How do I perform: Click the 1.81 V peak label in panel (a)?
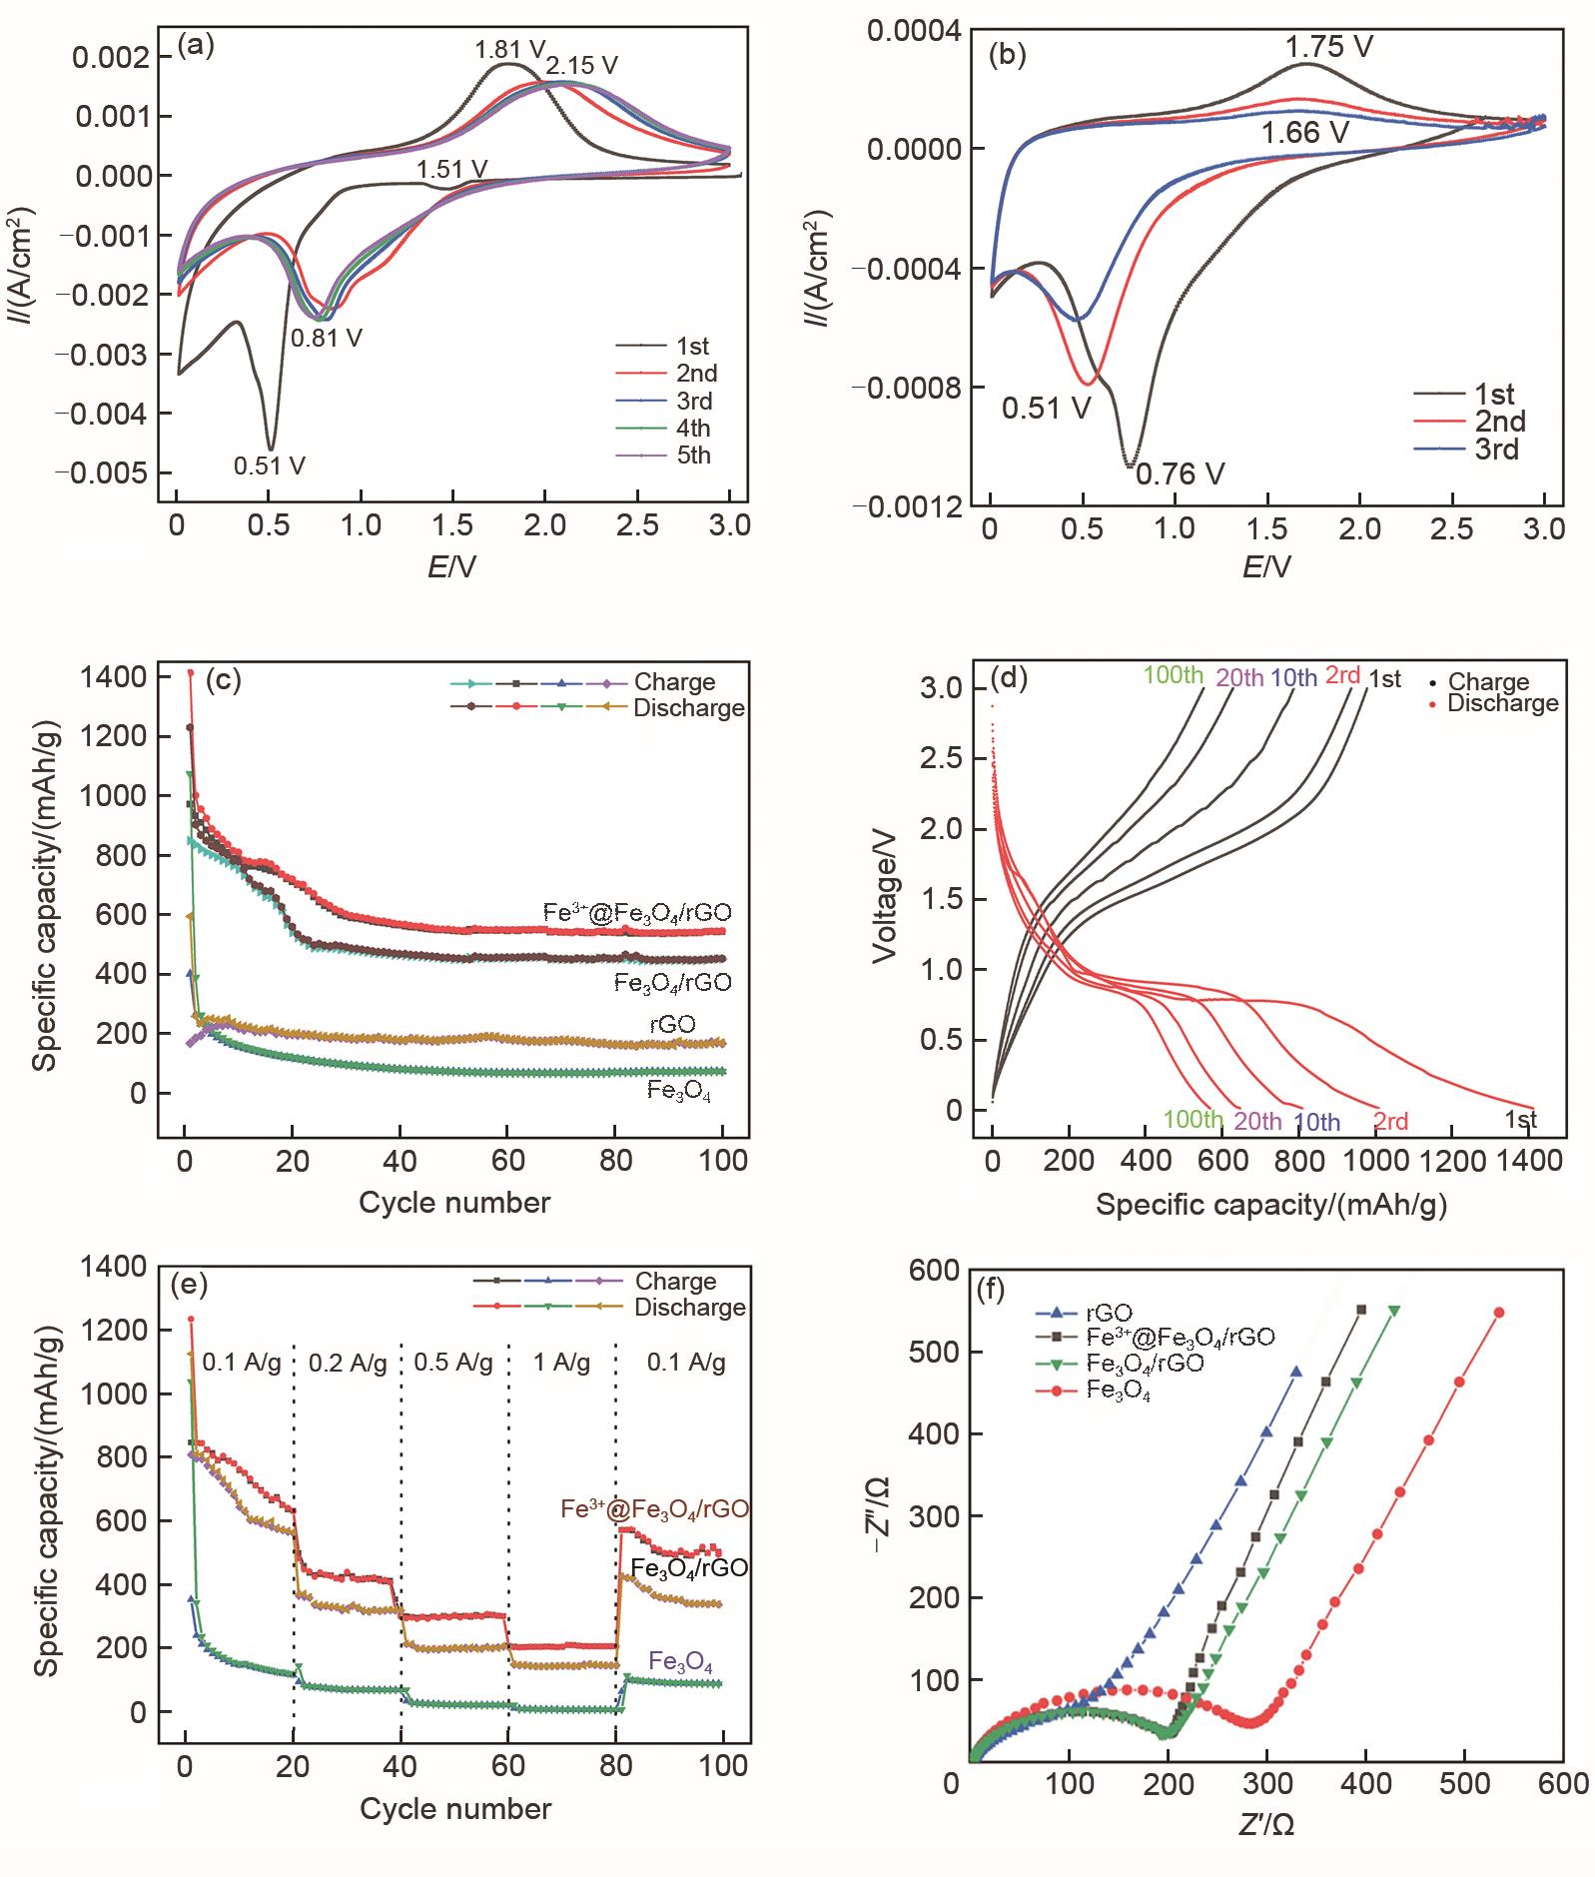(510, 48)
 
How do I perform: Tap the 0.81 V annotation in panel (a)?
(326, 338)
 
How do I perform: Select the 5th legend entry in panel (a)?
(692, 457)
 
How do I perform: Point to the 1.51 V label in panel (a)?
(452, 169)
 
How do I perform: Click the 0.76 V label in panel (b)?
(1181, 473)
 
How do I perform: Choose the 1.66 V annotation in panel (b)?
(1304, 133)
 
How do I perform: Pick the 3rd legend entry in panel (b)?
(1495, 450)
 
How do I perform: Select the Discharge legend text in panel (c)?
(689, 708)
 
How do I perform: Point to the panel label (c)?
(223, 680)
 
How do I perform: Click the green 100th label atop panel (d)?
(1174, 675)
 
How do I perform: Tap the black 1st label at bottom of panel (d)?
(1520, 1120)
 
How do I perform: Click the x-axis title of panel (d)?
(1271, 1204)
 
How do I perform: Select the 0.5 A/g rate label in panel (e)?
(453, 1363)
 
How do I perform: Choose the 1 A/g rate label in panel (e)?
(561, 1363)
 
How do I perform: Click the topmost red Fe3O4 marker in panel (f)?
(1498, 1313)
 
